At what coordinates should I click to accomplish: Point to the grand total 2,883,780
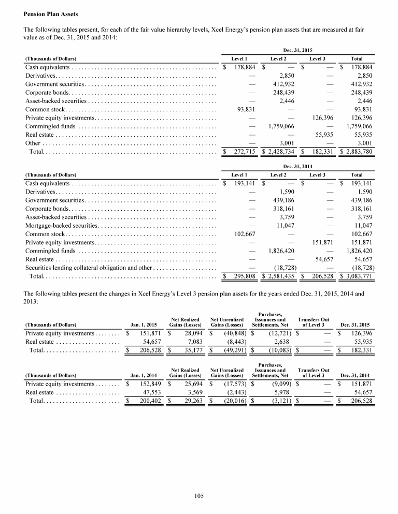point(358,152)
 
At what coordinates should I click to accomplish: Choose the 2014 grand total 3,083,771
point(358,277)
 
